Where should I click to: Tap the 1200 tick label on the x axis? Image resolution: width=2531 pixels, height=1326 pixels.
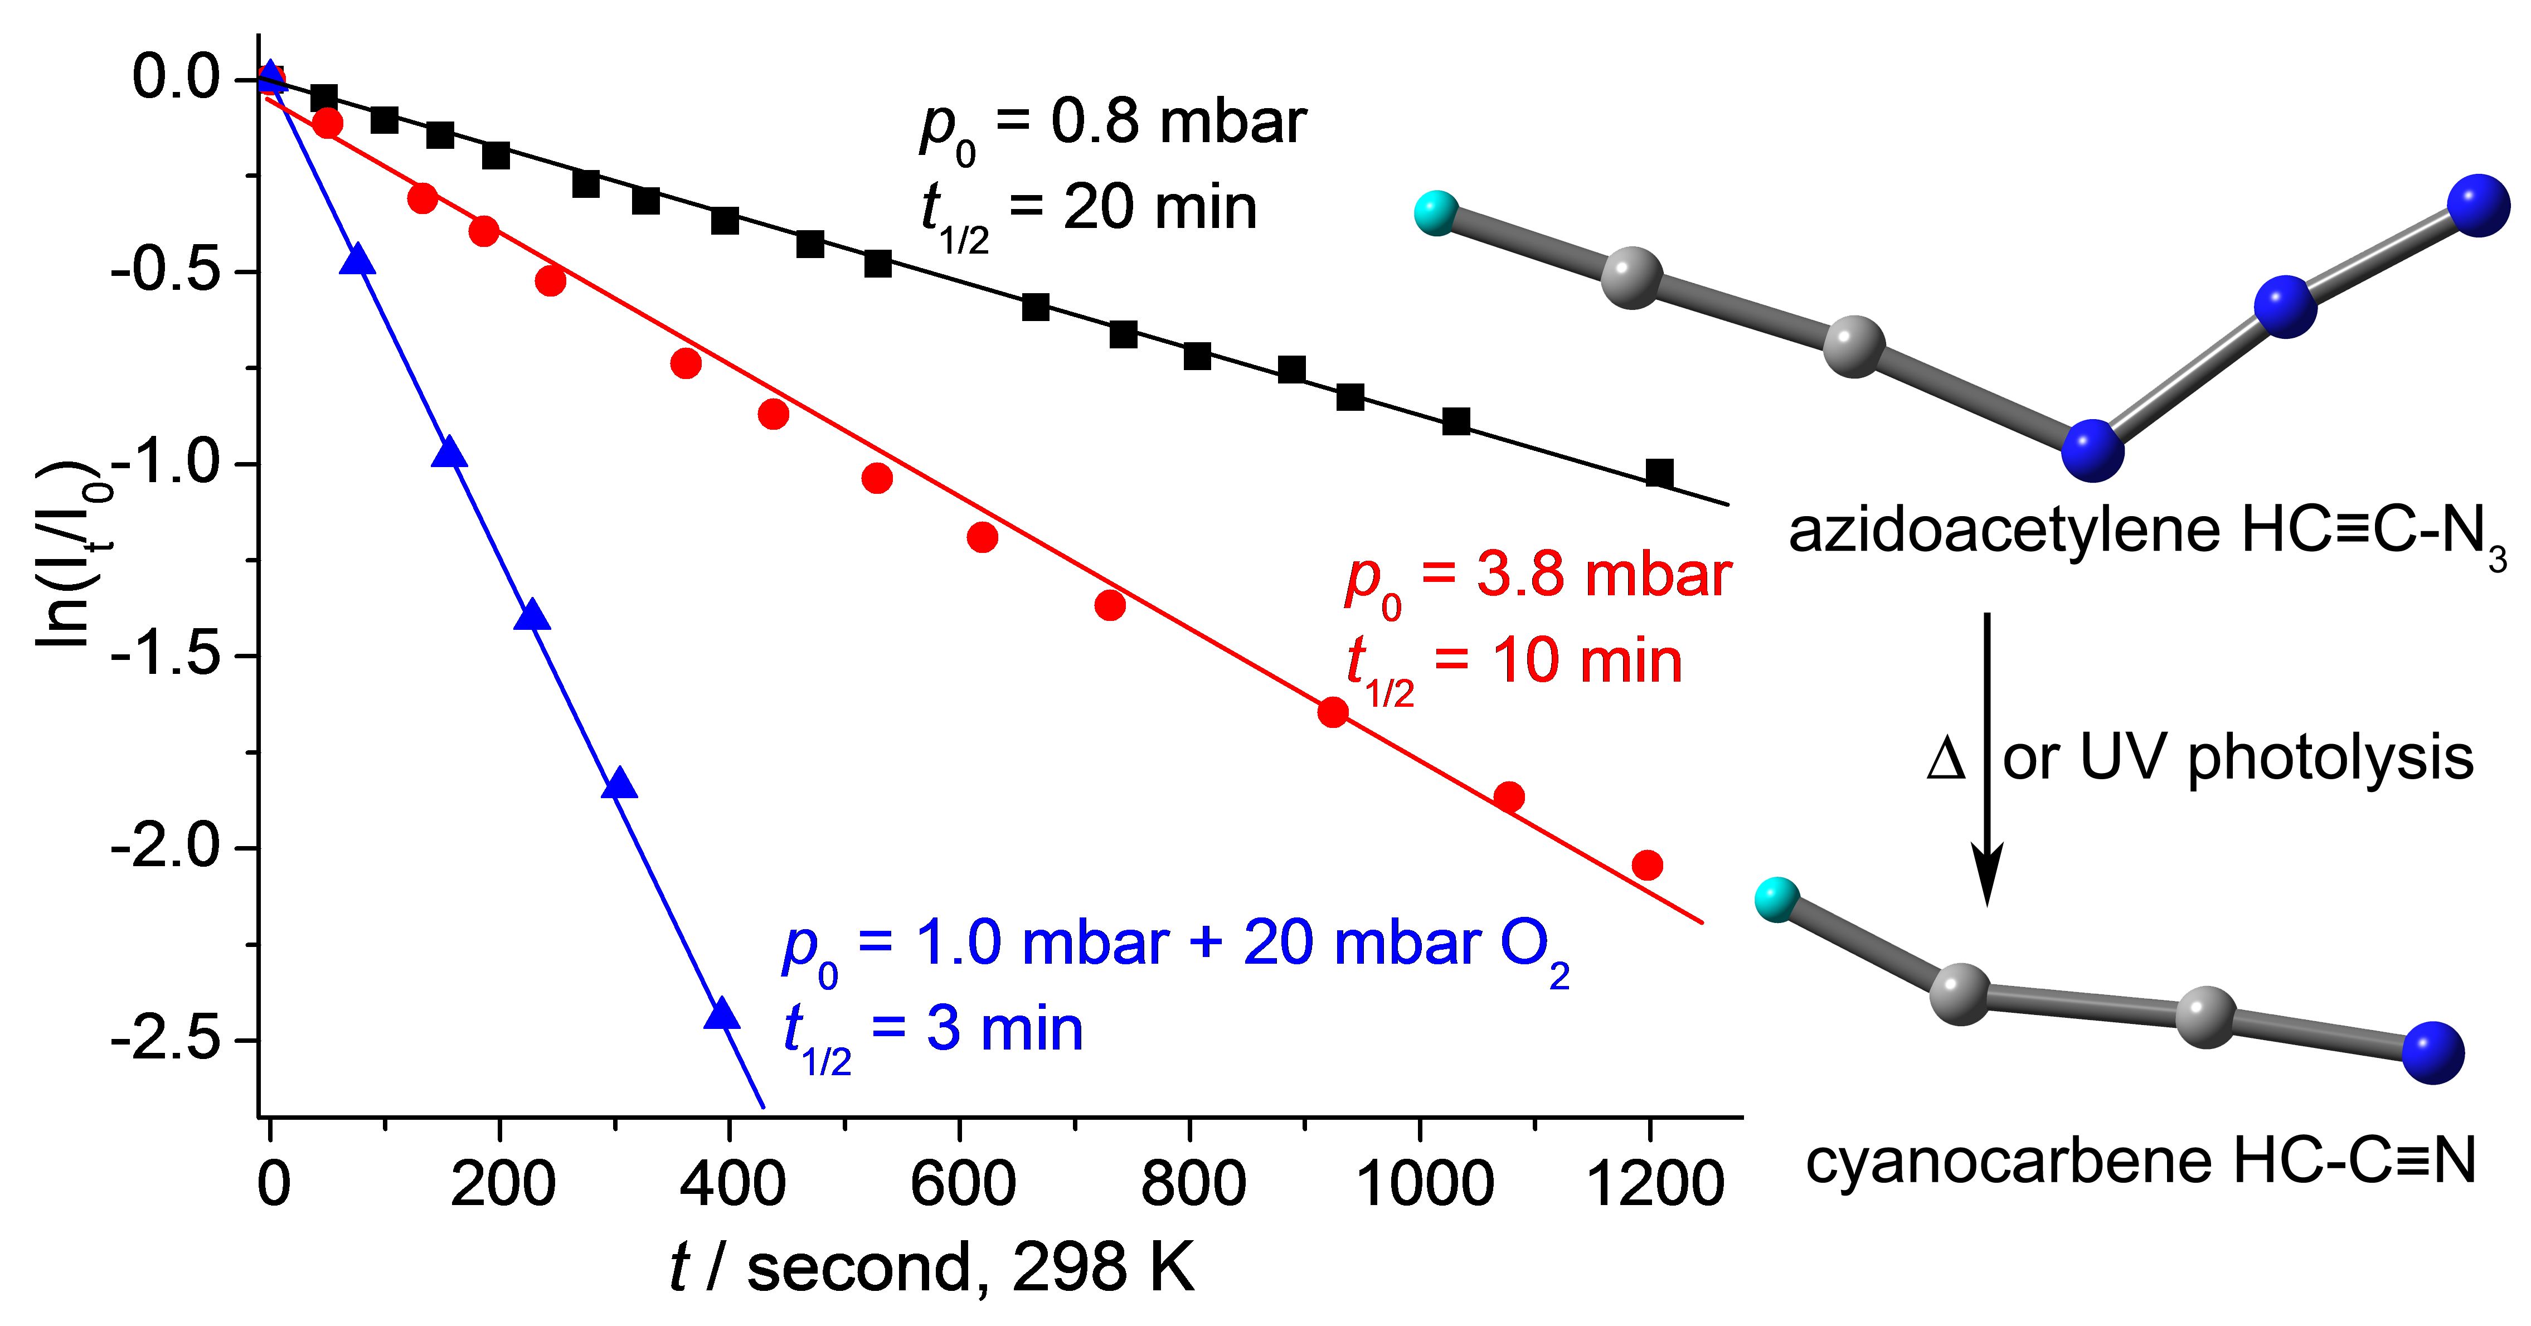[x=1655, y=1183]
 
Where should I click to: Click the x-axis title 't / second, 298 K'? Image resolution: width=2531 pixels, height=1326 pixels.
[x=931, y=1267]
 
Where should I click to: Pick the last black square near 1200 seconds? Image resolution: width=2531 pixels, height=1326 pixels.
[x=1659, y=473]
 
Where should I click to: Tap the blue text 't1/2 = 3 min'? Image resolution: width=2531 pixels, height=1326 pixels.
[x=934, y=1031]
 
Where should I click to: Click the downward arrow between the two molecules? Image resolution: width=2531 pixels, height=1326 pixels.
[x=1986, y=756]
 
